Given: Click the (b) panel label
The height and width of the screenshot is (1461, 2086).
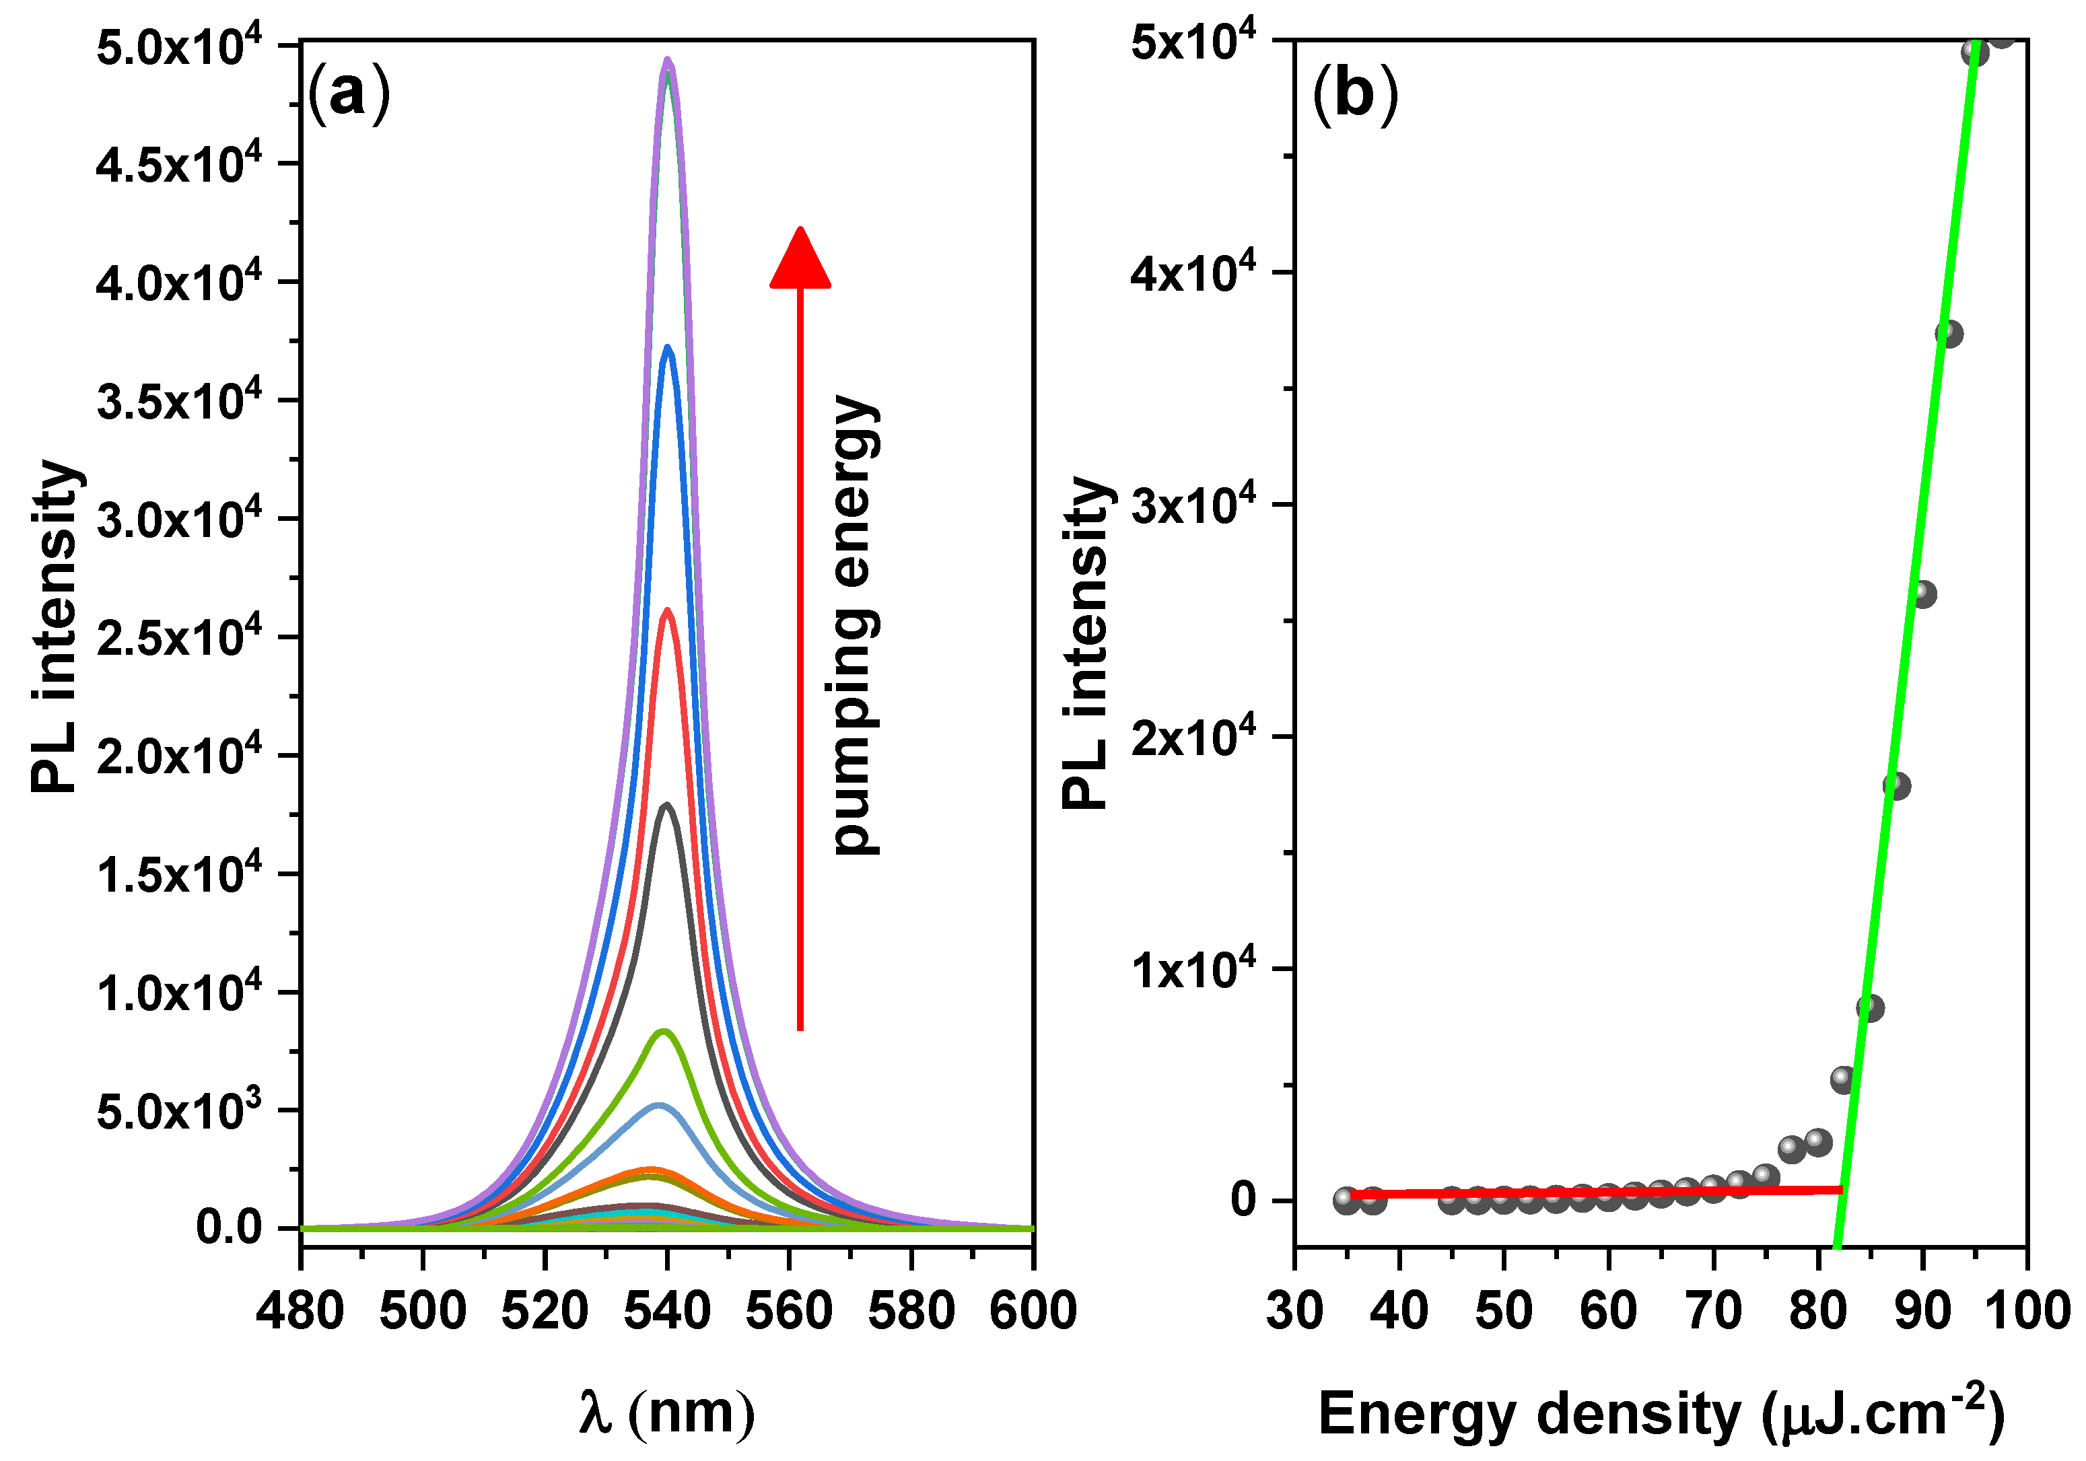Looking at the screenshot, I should point(1354,94).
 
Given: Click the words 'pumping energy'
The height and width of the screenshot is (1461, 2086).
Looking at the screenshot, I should point(854,625).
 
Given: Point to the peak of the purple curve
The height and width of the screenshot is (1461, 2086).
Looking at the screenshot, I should point(668,62).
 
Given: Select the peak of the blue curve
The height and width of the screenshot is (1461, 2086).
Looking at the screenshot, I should point(668,347).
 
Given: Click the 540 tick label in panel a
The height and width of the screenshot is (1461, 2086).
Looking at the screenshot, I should point(667,1311).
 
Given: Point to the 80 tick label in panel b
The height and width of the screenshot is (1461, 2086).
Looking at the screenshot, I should point(1817,1311).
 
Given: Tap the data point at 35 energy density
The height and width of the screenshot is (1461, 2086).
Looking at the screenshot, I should point(1346,1201).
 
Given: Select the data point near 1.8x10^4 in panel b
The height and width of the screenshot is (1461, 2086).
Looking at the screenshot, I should point(1896,785).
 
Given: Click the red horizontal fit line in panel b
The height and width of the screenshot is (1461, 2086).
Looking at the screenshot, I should point(1590,1192).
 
